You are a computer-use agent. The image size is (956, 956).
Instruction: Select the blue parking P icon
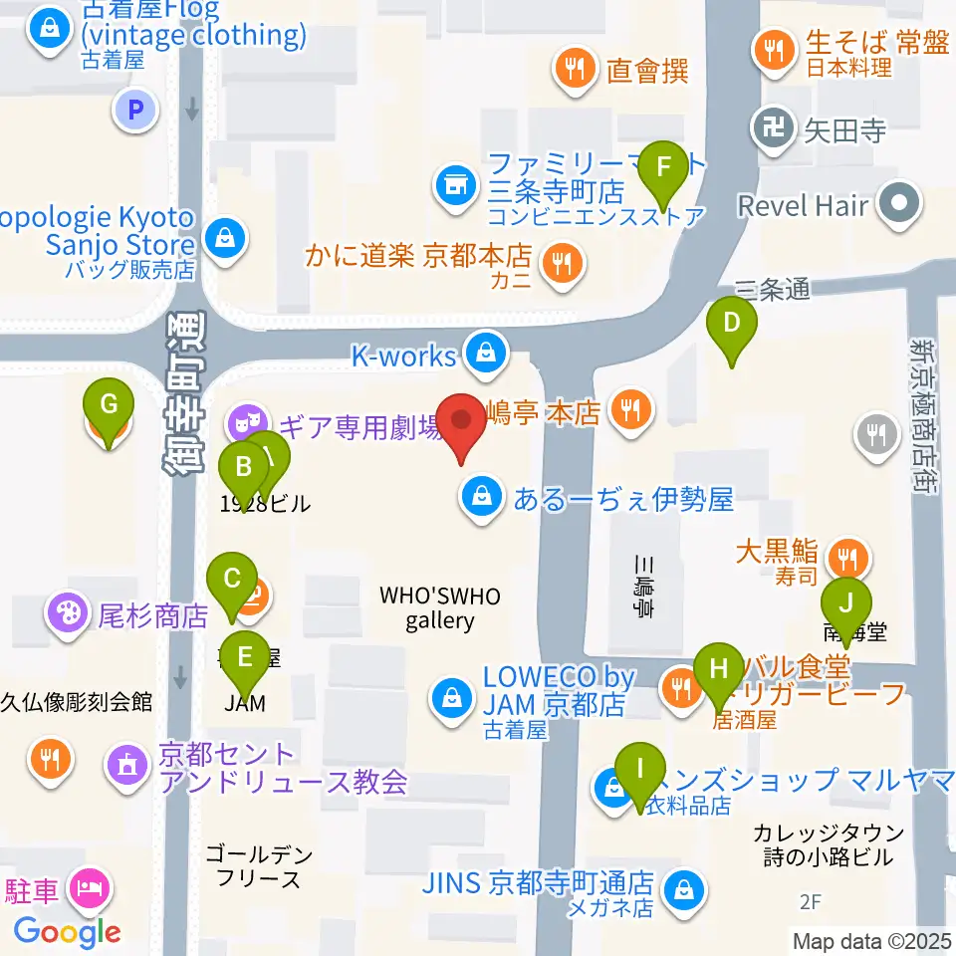click(x=136, y=108)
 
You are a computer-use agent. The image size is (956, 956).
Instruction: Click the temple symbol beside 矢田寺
click(x=774, y=128)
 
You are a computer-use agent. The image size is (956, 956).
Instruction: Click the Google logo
click(x=67, y=932)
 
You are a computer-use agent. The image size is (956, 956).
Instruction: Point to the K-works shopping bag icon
click(x=485, y=353)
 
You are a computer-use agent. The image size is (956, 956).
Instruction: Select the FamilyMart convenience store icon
click(x=455, y=186)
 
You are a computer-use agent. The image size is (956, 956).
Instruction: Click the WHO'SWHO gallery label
click(x=440, y=608)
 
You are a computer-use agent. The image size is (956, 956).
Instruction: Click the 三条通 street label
click(x=772, y=289)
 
